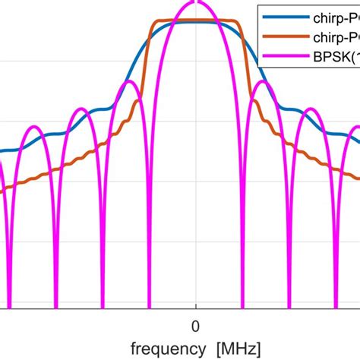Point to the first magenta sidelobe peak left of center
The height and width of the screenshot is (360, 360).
[x=131, y=81]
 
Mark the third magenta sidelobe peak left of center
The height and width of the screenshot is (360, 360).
[x=33, y=127]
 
